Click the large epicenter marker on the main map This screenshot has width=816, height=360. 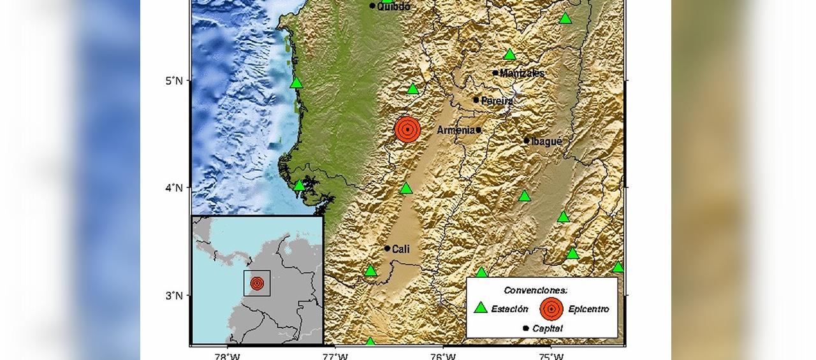tap(407, 129)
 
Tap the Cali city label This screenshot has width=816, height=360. tap(400, 249)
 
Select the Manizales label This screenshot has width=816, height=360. tap(522, 73)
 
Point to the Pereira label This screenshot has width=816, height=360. tap(497, 101)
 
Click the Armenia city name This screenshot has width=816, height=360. tap(455, 130)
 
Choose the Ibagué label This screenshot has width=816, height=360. tap(546, 141)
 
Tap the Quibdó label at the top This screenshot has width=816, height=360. tap(394, 6)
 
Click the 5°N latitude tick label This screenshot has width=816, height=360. tap(174, 80)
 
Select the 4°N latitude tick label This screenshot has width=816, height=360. tap(174, 188)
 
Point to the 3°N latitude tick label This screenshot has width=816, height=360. tap(174, 296)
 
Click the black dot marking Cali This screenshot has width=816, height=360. tap(387, 248)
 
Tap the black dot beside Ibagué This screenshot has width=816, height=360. tap(527, 141)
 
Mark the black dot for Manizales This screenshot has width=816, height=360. tap(495, 73)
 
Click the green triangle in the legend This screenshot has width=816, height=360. tap(481, 308)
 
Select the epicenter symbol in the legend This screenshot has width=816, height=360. tap(551, 308)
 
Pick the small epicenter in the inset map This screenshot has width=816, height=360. tap(257, 284)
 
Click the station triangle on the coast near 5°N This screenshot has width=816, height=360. tap(296, 83)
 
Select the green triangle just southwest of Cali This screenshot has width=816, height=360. tap(371, 271)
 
